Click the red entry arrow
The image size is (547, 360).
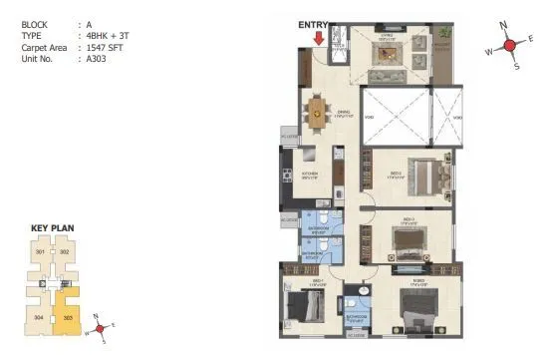318,39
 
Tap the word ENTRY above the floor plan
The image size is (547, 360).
313,24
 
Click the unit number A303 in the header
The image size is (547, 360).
94,59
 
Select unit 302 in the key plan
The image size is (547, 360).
64,252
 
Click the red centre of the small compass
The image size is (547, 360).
97,327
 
